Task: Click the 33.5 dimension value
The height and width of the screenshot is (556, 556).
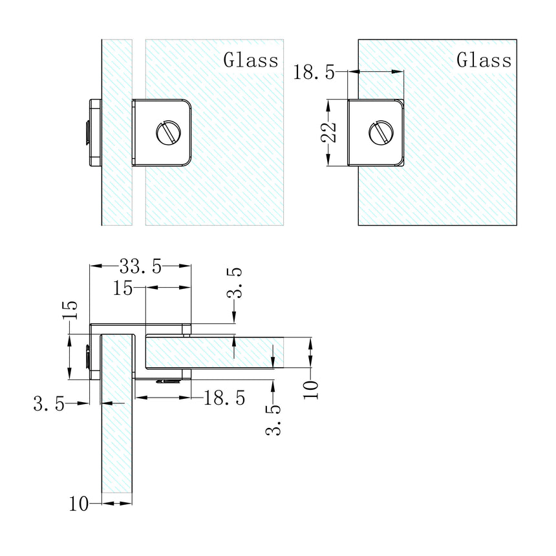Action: [140, 266]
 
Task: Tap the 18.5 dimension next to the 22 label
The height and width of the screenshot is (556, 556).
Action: [314, 72]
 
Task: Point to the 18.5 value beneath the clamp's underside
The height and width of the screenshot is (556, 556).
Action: [224, 398]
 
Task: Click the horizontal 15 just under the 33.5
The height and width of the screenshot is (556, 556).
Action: [123, 288]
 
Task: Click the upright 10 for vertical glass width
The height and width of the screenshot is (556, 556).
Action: [80, 503]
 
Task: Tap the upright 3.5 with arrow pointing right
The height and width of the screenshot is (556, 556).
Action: [49, 405]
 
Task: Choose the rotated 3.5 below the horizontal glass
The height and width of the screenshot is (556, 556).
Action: [273, 419]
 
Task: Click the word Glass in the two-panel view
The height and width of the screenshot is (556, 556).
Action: [251, 61]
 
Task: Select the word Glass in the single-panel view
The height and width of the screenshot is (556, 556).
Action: [484, 61]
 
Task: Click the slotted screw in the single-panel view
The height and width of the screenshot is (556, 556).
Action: [380, 133]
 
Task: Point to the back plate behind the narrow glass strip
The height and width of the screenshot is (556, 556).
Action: [93, 133]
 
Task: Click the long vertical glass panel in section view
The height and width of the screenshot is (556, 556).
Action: [117, 453]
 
